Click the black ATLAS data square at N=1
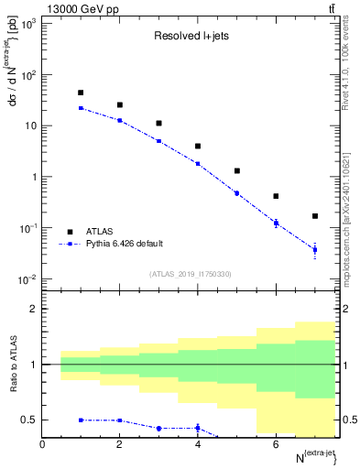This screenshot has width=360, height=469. pos(81,93)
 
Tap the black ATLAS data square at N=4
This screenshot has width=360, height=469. pos(198,146)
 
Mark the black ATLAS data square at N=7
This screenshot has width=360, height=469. pos(315,216)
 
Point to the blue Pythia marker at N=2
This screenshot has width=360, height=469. pos(120,120)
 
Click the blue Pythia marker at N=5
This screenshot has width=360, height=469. pos(237,193)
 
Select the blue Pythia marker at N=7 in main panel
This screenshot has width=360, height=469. pos(315,249)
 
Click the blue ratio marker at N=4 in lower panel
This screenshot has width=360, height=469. pos(198,428)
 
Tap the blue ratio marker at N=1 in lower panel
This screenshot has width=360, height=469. pos(81,420)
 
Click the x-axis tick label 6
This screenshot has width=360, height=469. pos(276,444)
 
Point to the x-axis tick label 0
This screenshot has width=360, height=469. pos(42,444)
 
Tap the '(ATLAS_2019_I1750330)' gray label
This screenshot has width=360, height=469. pos(196,274)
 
